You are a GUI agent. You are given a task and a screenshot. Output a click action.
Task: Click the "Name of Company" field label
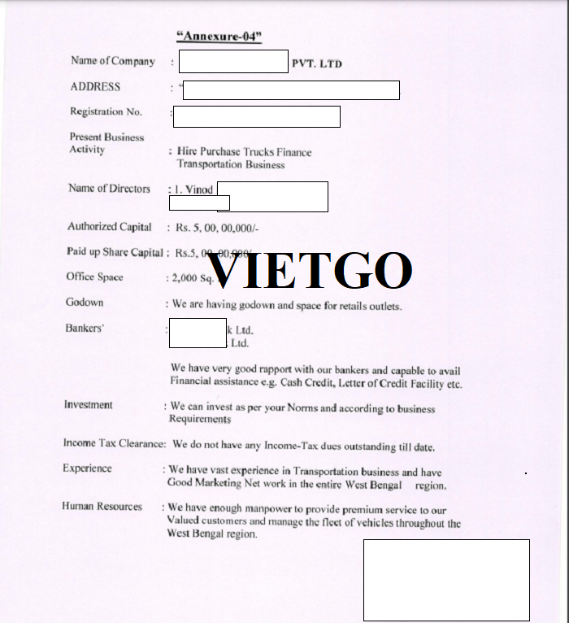click(112, 61)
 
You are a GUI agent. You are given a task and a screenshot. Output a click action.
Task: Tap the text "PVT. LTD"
click(316, 63)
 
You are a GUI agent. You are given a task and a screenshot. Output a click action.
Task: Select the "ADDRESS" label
click(95, 87)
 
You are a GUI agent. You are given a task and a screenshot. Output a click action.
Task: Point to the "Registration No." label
click(106, 112)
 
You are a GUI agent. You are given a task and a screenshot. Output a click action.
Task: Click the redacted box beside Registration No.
click(256, 117)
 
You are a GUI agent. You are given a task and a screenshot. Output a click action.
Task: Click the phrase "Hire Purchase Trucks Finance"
click(244, 151)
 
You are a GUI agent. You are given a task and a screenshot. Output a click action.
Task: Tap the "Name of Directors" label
click(109, 189)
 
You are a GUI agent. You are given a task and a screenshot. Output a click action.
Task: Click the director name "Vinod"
click(199, 190)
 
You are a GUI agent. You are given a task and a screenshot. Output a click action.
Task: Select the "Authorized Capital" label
click(109, 227)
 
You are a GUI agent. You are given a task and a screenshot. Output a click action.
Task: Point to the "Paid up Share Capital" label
click(115, 252)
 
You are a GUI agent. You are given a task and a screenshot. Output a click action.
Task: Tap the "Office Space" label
click(94, 277)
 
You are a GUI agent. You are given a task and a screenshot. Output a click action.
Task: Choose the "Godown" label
click(85, 303)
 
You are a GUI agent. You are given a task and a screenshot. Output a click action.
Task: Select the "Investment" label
click(89, 405)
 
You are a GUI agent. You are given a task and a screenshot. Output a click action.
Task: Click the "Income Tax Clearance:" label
click(114, 444)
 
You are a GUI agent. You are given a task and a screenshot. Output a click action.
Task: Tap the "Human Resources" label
click(102, 507)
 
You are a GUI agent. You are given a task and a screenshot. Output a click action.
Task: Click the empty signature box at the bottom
click(446, 580)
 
